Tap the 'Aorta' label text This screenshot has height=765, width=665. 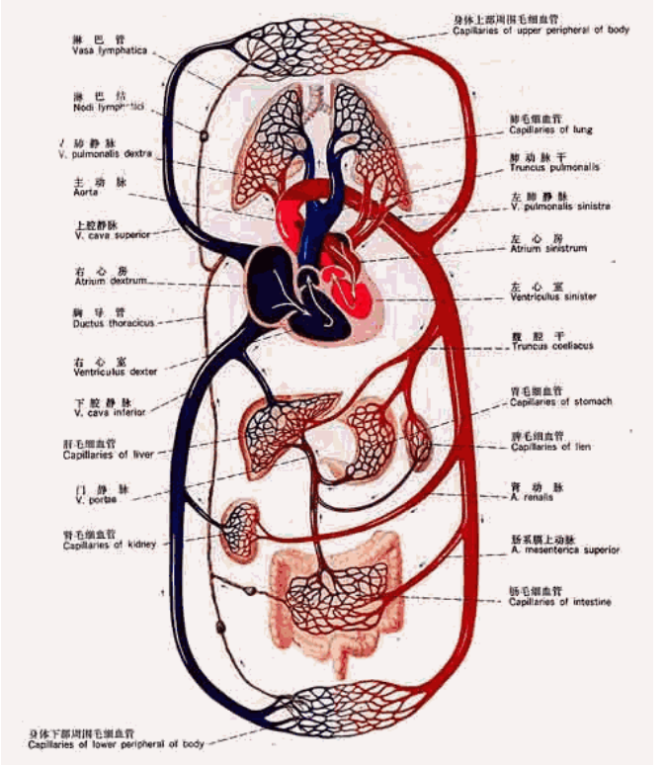tap(85, 193)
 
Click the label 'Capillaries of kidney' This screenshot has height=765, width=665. tap(111, 546)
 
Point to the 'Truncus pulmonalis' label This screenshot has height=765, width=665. tap(554, 168)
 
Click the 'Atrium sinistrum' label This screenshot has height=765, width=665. tap(547, 249)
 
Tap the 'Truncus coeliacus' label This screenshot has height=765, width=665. tap(551, 346)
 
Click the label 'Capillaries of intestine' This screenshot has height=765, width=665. tap(559, 602)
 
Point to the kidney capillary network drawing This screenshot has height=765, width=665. tap(240, 524)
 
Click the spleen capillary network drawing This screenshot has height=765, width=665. tap(418, 441)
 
